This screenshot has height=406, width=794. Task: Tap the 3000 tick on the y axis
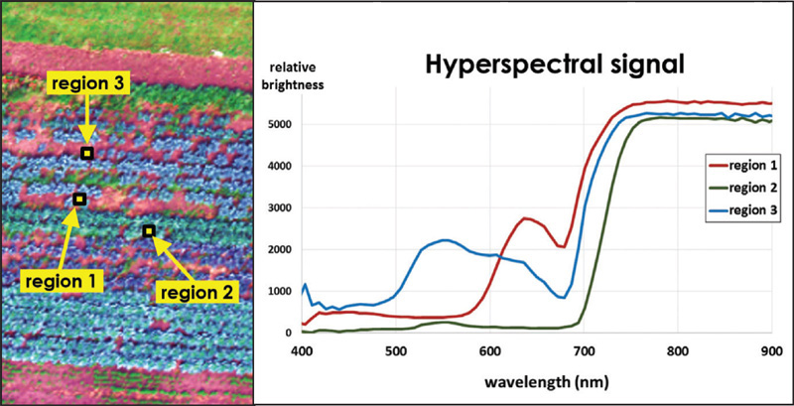click(x=280, y=209)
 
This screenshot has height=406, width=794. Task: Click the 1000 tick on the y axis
click(x=280, y=292)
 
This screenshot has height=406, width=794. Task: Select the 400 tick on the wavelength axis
click(x=302, y=351)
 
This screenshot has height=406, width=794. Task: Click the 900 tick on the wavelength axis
click(x=771, y=351)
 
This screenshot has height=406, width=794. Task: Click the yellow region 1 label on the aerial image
click(x=60, y=281)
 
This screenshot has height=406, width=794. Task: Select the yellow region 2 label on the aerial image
click(x=198, y=292)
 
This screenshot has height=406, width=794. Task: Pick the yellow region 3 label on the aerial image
click(x=89, y=84)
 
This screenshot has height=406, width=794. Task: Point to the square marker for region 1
click(x=79, y=200)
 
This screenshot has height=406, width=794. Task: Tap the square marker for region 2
click(x=149, y=231)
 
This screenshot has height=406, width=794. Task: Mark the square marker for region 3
click(x=87, y=153)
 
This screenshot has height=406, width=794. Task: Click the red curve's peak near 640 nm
click(x=527, y=217)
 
